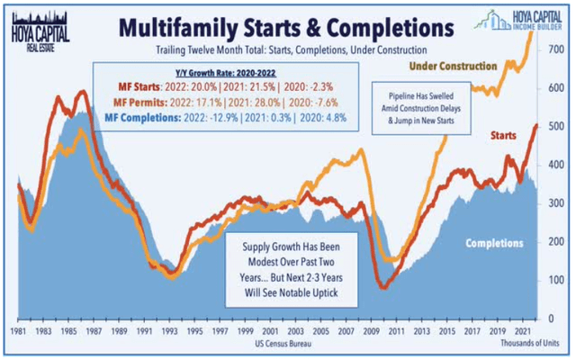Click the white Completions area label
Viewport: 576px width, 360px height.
[x=494, y=243]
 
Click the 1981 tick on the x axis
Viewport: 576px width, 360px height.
[x=13, y=332]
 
